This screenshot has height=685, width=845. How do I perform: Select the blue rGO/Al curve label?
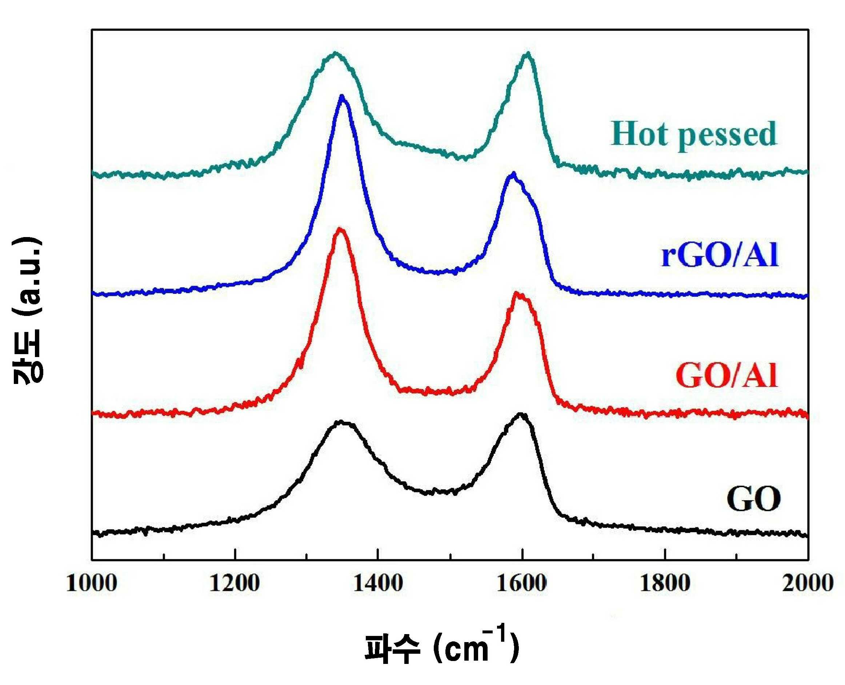pyautogui.click(x=720, y=255)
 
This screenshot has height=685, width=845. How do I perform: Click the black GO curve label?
pyautogui.click(x=753, y=499)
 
